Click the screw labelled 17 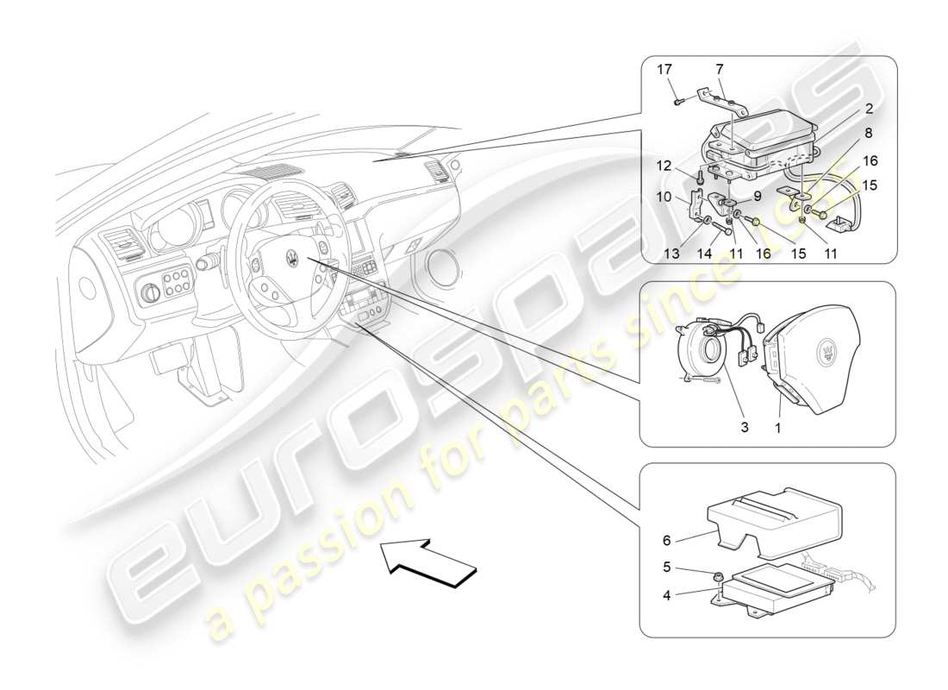click(678, 101)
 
